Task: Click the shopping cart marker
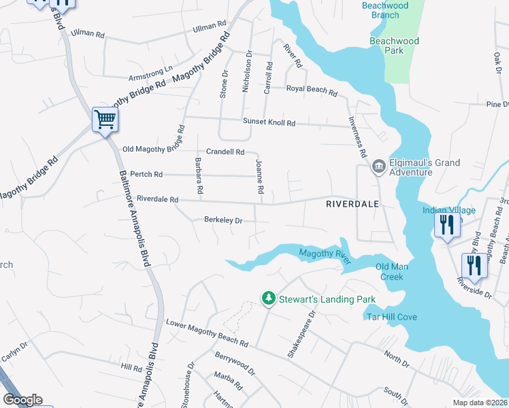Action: point(105,120)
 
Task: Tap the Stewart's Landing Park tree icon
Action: point(269,298)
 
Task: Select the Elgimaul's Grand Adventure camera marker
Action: point(378,167)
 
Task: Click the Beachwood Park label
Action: point(394,41)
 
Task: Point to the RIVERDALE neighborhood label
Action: point(352,203)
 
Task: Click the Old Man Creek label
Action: point(391,271)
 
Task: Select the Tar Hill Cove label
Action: point(391,317)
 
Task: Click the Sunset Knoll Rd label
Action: point(270,123)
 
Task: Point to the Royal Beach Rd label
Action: point(311,90)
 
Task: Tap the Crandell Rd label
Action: point(225,152)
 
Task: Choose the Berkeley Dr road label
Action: point(223,220)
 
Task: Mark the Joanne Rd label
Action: point(259,177)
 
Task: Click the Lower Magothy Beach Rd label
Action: point(207,332)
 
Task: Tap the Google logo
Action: point(22,400)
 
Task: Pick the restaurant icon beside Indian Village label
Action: point(446,224)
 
